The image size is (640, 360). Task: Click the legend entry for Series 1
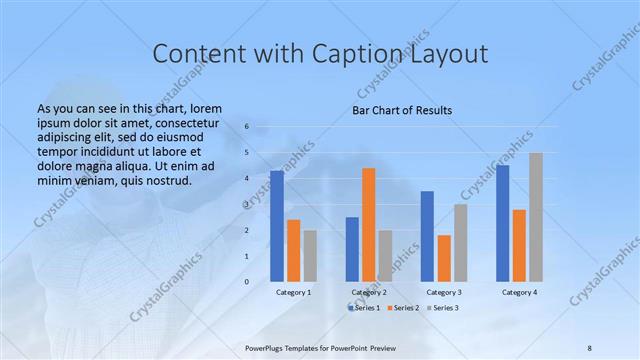(365, 308)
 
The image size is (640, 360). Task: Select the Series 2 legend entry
(403, 308)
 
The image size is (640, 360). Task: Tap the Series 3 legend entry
(443, 308)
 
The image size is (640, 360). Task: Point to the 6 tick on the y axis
(246, 127)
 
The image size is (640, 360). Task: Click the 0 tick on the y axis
(246, 281)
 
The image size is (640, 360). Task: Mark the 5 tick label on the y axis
(246, 153)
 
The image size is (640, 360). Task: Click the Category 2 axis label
(369, 292)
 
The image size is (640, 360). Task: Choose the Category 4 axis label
(519, 292)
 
